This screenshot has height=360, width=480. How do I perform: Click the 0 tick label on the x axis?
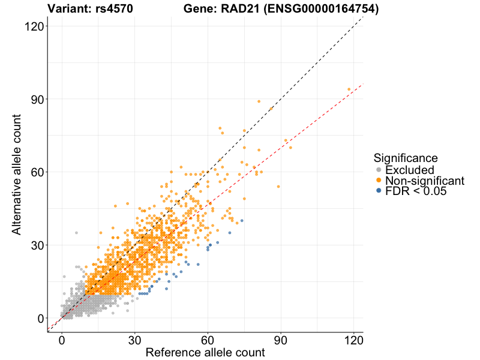62,340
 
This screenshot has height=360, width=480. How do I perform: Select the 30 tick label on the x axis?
134,340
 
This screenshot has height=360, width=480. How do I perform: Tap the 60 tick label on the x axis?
208,340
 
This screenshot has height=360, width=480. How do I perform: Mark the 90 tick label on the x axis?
281,340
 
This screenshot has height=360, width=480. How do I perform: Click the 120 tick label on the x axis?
354,340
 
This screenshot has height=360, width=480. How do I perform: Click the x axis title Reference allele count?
205,353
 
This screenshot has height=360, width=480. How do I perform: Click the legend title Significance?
406,158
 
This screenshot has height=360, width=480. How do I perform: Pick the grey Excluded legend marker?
379,170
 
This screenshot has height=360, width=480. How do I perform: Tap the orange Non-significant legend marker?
379,181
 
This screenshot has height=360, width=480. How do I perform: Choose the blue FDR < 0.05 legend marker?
379,191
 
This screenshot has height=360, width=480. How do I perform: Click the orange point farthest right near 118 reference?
349,89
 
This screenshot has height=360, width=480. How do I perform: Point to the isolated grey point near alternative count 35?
76,233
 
